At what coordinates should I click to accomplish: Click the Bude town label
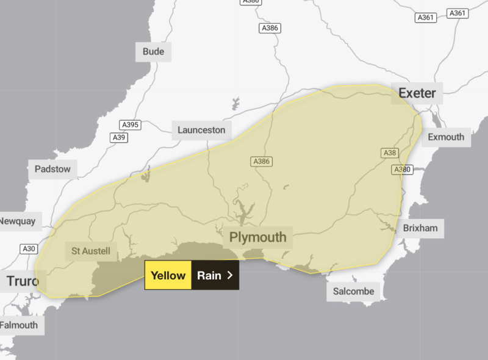pos(153,51)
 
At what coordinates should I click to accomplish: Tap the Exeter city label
pos(417,93)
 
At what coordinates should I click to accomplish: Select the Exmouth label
pos(446,137)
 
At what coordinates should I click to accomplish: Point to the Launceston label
pos(201,130)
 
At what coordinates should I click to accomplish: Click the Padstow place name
pos(52,169)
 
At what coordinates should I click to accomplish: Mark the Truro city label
pos(23,281)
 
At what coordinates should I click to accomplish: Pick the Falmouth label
pos(19,325)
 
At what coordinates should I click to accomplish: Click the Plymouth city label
pos(257,237)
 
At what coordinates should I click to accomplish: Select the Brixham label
pos(420,228)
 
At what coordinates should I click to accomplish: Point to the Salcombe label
pos(354,291)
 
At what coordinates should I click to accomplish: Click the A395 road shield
pos(131,125)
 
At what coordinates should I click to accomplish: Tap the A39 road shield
pos(120,138)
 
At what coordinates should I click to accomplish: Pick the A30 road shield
pos(29,248)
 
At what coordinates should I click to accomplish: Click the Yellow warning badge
pos(168,275)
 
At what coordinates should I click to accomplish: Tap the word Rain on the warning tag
pos(209,275)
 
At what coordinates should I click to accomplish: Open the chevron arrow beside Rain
pos(230,275)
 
